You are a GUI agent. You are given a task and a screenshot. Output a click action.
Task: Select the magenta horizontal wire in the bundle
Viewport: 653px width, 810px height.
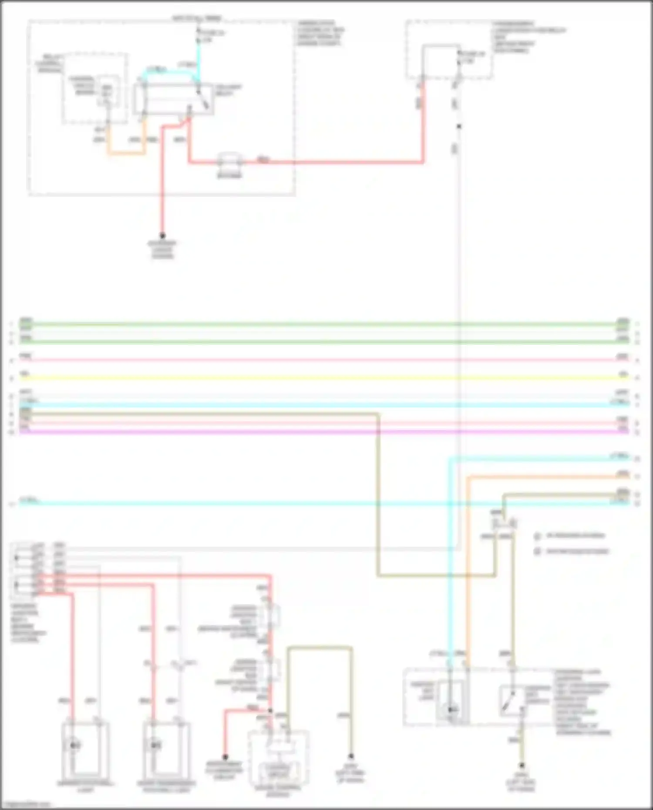point(305,432)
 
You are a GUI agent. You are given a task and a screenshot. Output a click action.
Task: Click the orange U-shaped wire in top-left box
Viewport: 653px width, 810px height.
point(126,153)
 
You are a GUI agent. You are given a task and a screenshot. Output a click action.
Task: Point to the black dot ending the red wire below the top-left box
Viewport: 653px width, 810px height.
point(162,236)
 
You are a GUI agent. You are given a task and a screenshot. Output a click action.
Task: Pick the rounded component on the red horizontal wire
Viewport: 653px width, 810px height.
point(229,162)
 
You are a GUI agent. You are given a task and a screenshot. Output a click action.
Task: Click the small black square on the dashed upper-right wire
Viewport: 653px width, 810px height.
point(459,127)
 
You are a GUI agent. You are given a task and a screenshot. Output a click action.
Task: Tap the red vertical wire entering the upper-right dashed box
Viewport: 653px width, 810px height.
point(422,122)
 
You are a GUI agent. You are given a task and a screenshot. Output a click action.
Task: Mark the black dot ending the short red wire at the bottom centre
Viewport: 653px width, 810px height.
point(225,757)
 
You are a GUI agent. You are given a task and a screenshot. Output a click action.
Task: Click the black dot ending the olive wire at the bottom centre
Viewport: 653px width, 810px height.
point(351,756)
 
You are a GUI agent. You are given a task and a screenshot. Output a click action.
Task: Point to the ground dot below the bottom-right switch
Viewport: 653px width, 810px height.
point(521,766)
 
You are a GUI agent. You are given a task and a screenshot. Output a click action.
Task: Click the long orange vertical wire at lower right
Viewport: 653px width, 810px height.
point(468,566)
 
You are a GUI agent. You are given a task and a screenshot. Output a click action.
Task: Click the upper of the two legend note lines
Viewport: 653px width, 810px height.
point(575,536)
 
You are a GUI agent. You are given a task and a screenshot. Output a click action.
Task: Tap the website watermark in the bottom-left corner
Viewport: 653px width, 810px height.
point(26,805)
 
